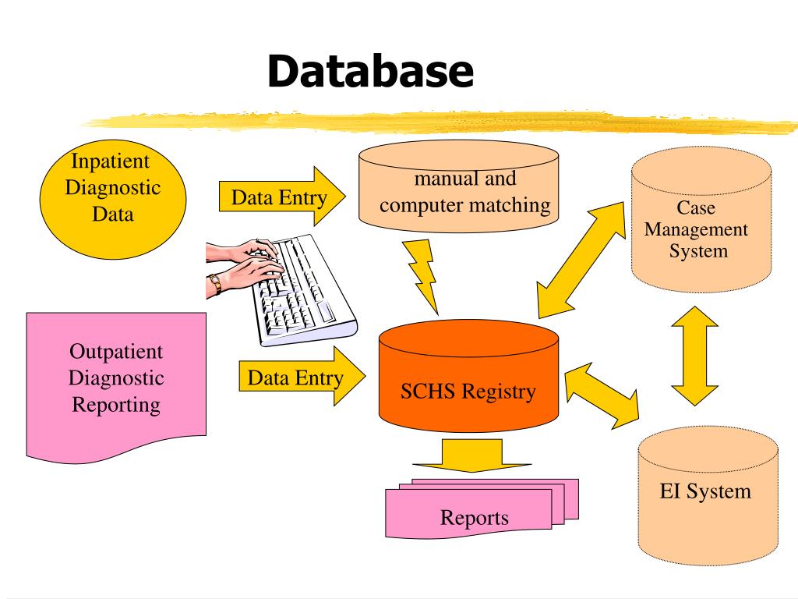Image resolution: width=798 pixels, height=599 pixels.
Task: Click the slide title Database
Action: pos(370,71)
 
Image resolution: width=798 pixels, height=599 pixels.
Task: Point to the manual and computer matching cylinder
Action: pos(457,192)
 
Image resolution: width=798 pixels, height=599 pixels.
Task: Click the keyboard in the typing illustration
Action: pos(304,292)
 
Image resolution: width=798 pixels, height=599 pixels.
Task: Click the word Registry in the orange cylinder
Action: pos(498,391)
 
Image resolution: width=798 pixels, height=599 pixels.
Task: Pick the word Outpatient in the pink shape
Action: pos(116,350)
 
